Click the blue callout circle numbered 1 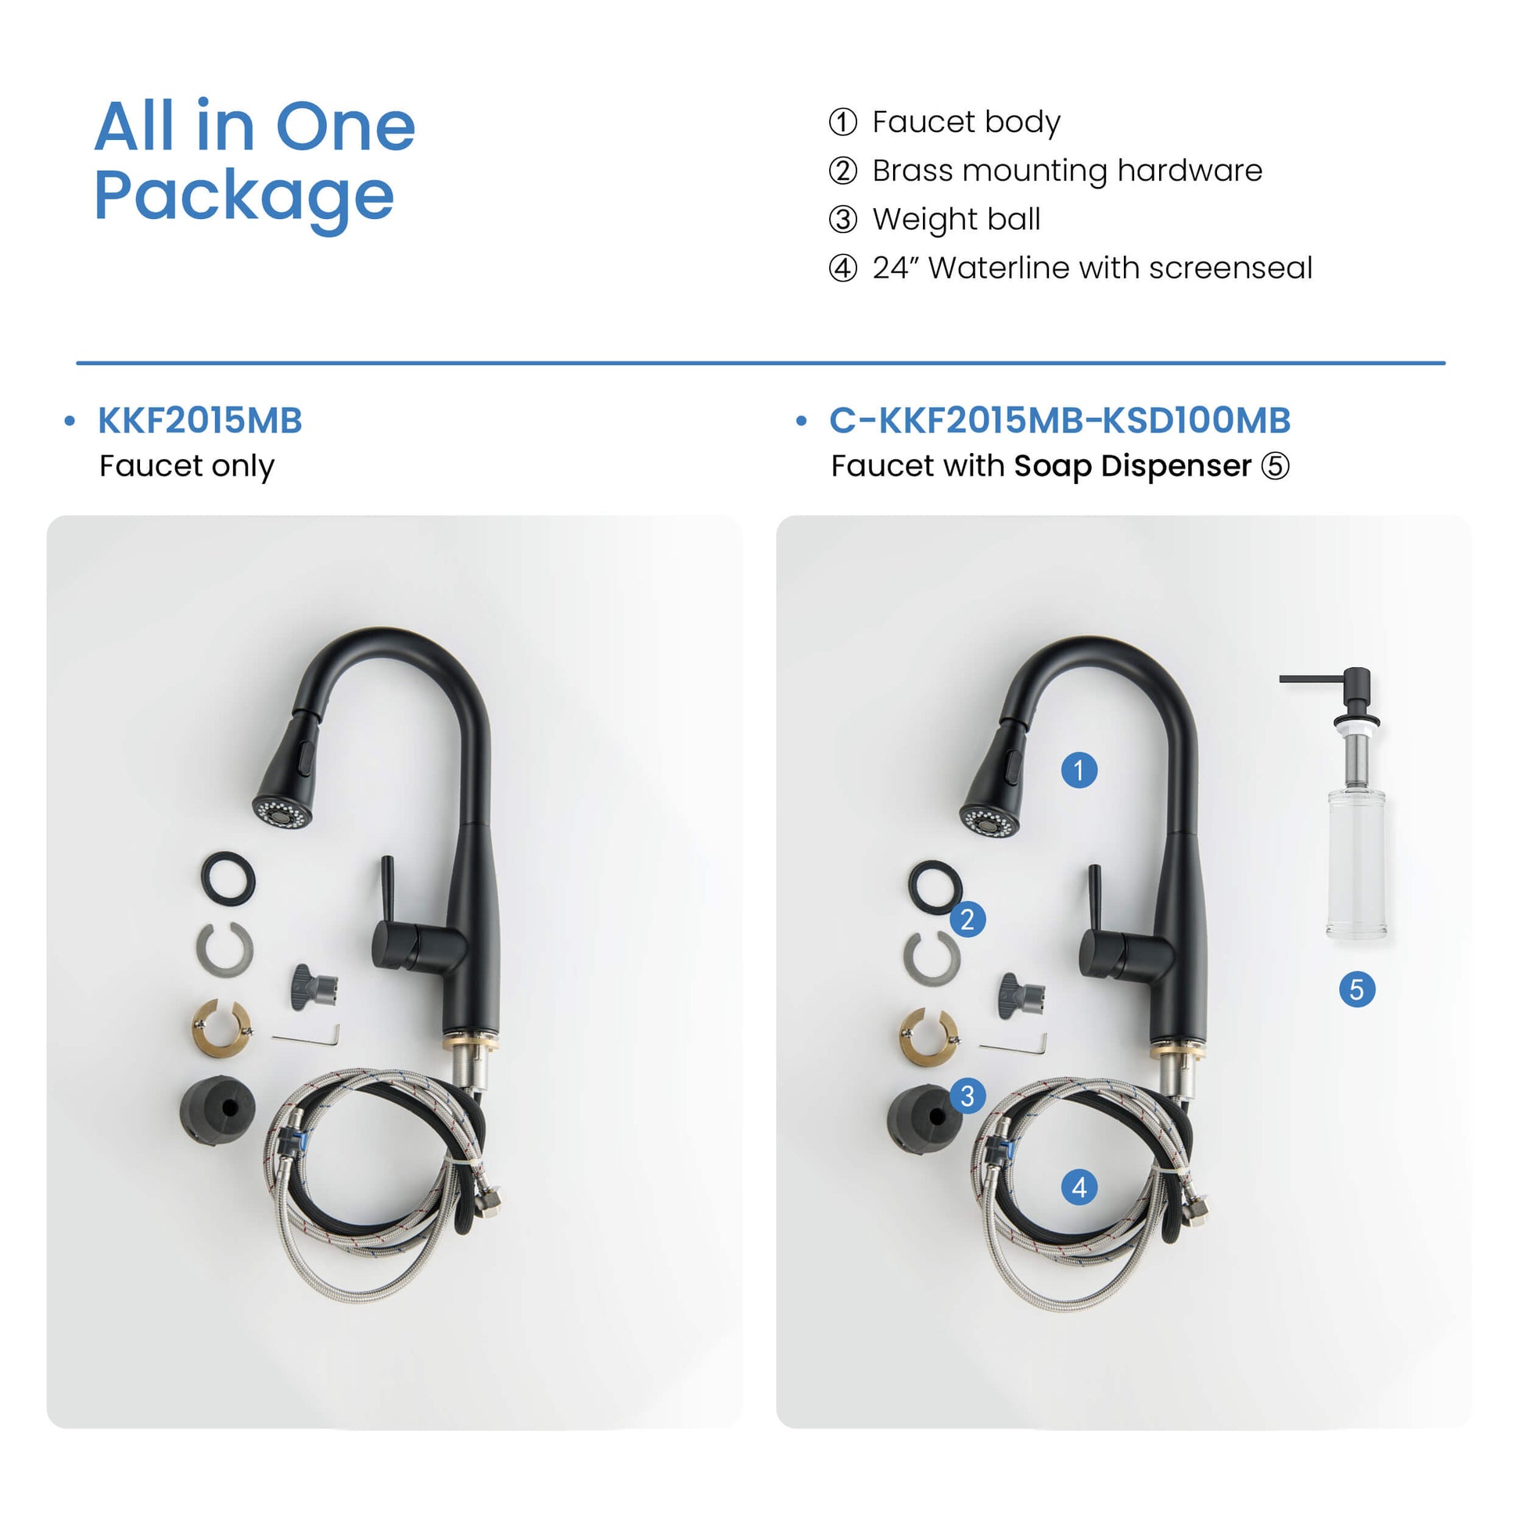click(1079, 770)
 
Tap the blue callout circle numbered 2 click(967, 919)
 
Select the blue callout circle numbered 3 click(967, 1096)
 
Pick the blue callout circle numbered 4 click(1079, 1187)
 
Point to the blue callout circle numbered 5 click(1356, 989)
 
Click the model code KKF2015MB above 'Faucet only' click(200, 421)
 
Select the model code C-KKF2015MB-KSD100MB click(1060, 421)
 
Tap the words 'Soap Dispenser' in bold click(1132, 465)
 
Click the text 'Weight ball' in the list click(957, 219)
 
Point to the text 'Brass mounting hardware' click(1068, 171)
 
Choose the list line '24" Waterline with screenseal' click(1092, 267)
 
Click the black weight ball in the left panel click(217, 1108)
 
